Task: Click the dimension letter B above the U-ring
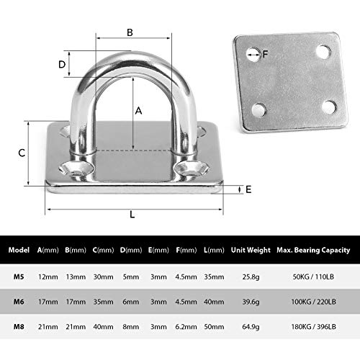(x=130, y=32)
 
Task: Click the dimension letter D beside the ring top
(x=63, y=64)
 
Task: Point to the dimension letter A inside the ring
(x=139, y=110)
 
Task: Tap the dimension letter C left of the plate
(x=22, y=153)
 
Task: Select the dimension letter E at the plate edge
(x=248, y=189)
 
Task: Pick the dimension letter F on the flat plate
(x=266, y=53)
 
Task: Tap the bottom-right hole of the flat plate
(x=329, y=107)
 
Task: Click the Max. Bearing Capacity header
(x=313, y=251)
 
